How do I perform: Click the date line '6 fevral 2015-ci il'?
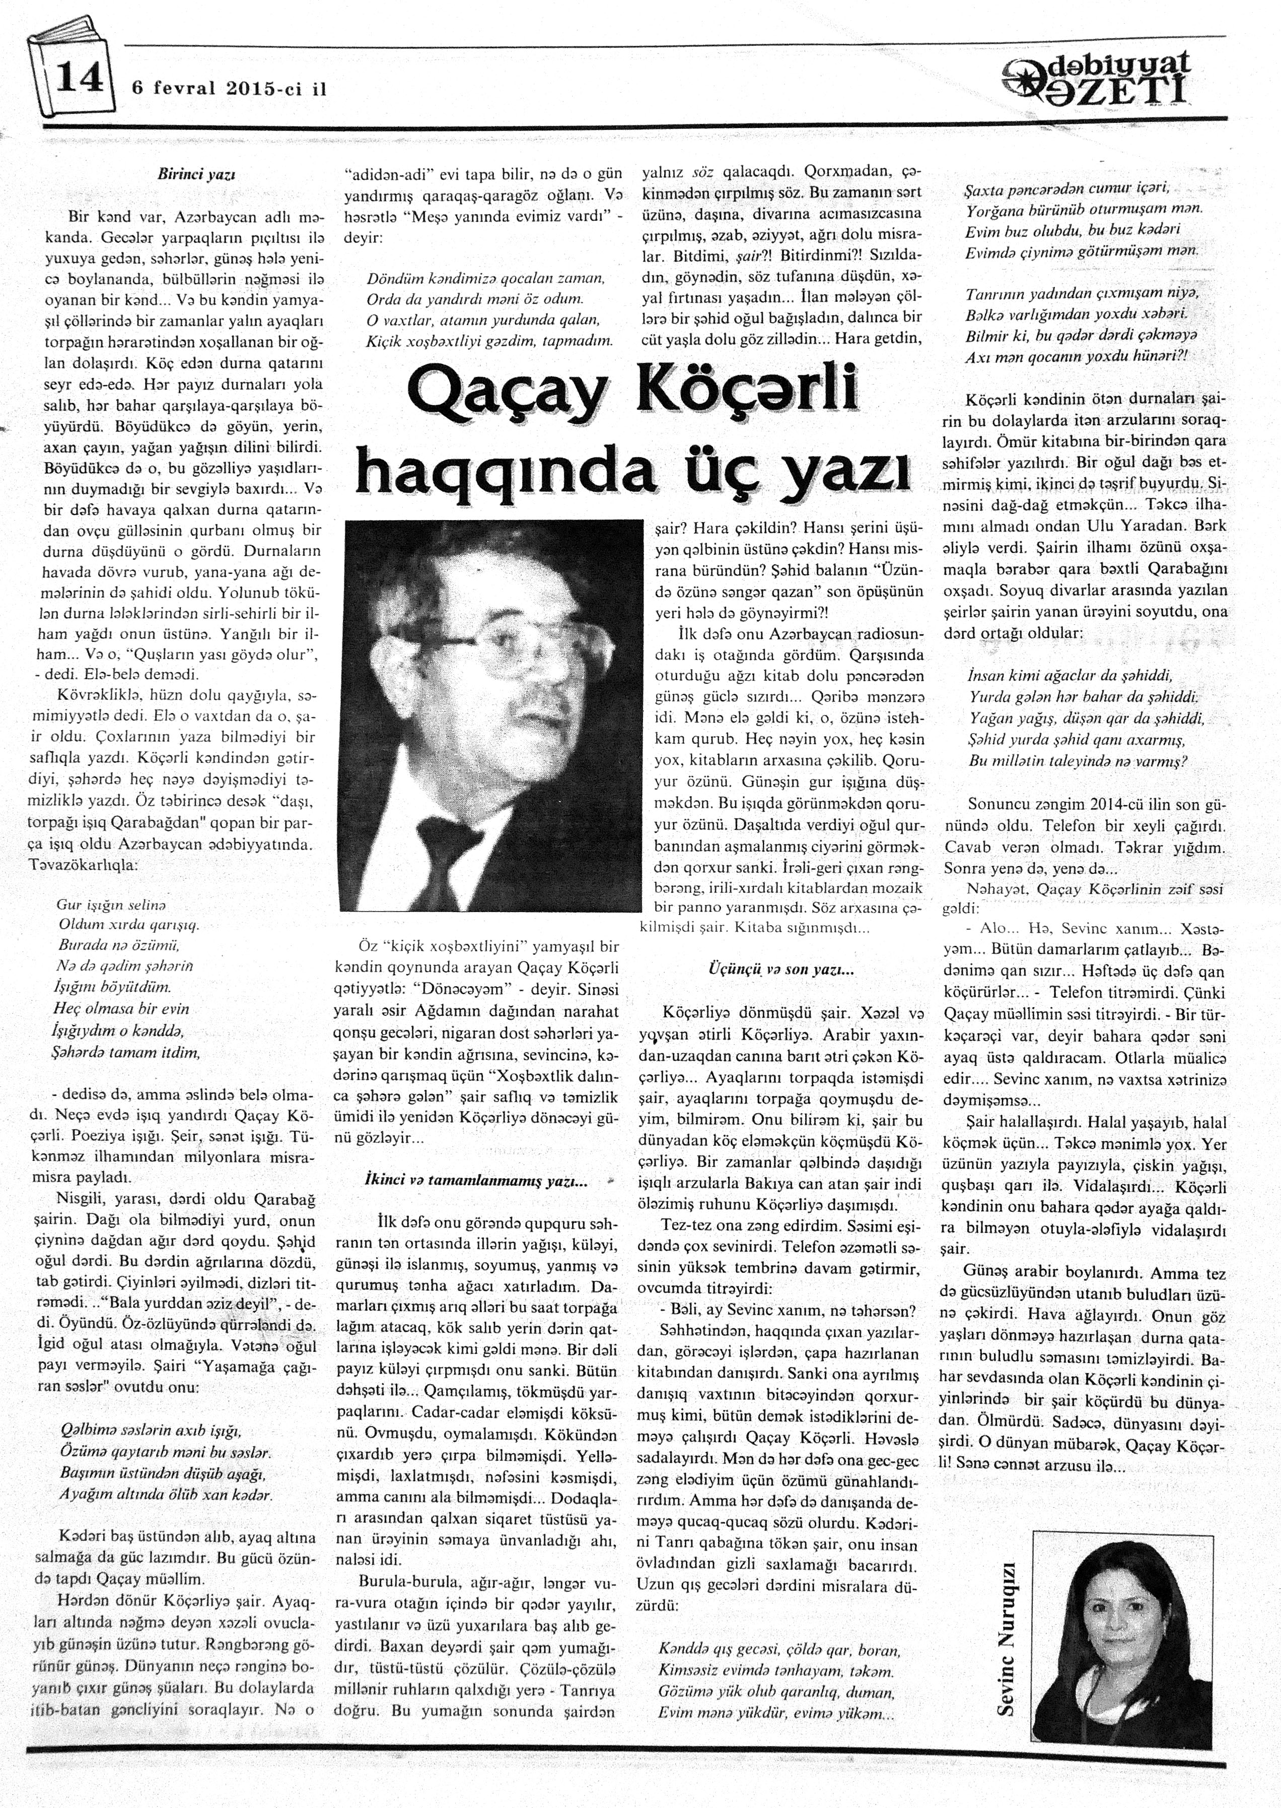click(229, 89)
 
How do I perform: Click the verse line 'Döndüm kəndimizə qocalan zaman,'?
click(485, 279)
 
